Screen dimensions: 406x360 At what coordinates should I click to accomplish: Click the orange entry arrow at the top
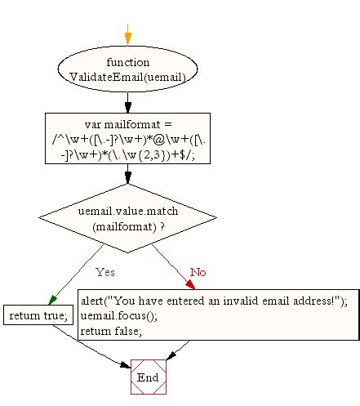coord(127,36)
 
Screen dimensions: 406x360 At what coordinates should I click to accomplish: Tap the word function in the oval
coord(128,62)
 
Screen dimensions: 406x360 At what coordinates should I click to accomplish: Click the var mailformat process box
coord(128,138)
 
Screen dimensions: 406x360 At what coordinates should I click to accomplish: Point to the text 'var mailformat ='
coord(128,123)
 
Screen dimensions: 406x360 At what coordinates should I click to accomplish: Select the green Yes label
coord(105,270)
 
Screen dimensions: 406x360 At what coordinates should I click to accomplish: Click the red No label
coord(198,270)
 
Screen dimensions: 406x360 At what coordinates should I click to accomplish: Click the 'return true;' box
coord(38,315)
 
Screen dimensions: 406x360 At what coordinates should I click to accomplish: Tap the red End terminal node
coord(148,377)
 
